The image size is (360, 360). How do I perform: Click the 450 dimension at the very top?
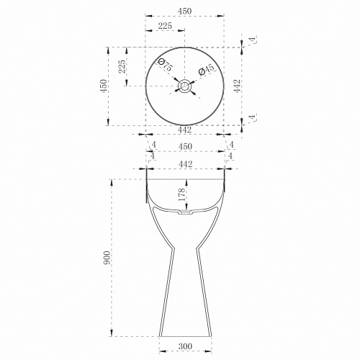coord(185,11)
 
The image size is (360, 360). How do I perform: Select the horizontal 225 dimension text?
coord(165,26)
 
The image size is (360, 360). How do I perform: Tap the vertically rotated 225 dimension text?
coord(122,66)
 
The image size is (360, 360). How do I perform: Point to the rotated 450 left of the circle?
coord(104,86)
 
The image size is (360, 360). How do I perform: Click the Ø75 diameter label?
coord(165,65)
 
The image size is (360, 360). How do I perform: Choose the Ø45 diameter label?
coord(206,70)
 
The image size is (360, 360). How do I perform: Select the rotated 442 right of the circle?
coord(237,86)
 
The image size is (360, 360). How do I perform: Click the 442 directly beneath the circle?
coord(185,130)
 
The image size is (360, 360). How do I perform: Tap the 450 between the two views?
coord(185,146)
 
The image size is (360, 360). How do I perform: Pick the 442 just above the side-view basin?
coord(186,164)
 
